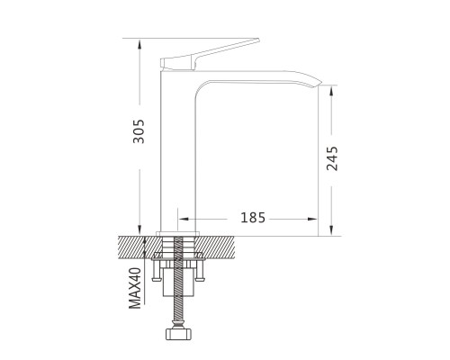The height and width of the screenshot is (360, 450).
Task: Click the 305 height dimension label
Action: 139,131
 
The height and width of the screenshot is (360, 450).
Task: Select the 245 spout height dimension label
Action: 332,158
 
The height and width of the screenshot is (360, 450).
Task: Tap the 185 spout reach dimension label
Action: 253,218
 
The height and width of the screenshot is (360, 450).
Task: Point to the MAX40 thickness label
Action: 135,288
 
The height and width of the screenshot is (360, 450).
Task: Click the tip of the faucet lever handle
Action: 258,40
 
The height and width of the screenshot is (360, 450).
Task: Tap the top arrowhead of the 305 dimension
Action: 139,44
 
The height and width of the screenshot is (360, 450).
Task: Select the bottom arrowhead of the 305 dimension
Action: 139,230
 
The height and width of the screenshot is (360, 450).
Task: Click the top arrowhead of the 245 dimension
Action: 331,91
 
